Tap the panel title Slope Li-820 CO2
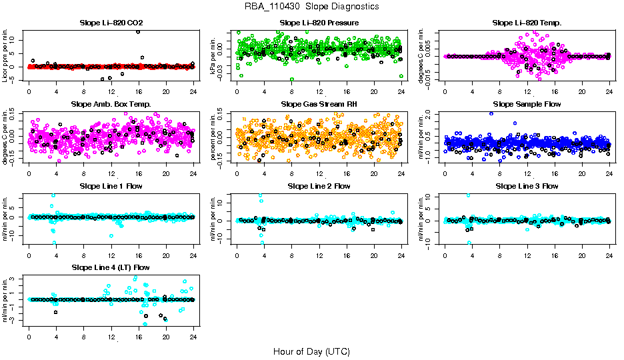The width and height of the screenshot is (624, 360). tap(111, 23)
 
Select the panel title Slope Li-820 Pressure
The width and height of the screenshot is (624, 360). tap(319, 23)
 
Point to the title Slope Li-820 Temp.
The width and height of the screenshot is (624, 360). tap(527, 23)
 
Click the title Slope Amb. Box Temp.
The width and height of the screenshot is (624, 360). tap(111, 104)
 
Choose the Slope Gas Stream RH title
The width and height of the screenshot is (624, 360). tap(319, 104)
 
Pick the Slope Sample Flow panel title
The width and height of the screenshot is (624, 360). tap(527, 104)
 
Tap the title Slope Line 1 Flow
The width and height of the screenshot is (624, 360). tap(111, 185)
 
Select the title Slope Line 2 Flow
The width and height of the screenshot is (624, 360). tap(319, 185)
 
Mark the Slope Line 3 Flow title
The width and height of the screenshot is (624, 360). tap(527, 185)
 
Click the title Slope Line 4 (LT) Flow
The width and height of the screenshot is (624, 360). tap(111, 267)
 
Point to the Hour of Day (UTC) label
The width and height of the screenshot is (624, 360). tap(311, 351)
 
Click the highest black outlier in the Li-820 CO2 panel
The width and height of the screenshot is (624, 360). tap(138, 32)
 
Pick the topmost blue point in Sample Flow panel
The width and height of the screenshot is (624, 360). tap(491, 113)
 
